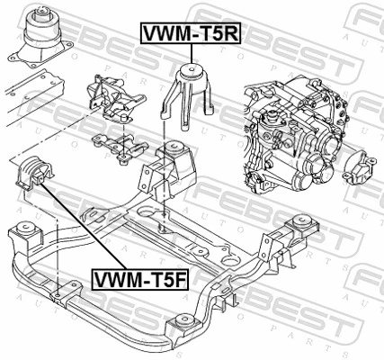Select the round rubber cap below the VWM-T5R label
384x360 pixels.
(x=192, y=71)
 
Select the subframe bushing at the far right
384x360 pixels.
(x=296, y=229)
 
